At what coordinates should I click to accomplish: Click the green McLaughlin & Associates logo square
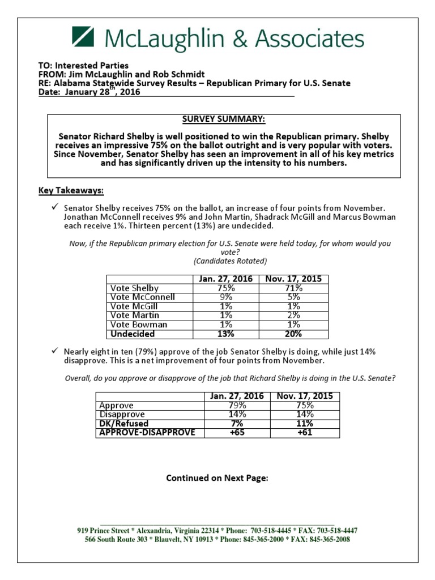(84, 38)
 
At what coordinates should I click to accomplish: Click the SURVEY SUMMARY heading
(223, 120)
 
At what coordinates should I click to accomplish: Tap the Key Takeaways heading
(71, 190)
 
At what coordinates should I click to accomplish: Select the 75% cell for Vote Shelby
(226, 288)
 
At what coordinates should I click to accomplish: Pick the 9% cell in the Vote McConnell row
(226, 297)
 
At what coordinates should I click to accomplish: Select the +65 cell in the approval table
(237, 433)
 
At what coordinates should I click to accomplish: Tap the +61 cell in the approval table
(305, 433)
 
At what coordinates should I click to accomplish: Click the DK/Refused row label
(123, 424)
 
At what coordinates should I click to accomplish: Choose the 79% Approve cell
(237, 406)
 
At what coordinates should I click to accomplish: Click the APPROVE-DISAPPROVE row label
(147, 433)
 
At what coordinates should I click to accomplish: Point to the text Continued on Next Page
(217, 478)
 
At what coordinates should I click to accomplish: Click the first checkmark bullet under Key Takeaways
(55, 208)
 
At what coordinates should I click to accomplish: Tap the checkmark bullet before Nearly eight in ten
(55, 351)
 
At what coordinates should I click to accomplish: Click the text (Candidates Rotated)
(230, 261)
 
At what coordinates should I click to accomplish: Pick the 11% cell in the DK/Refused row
(305, 424)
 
